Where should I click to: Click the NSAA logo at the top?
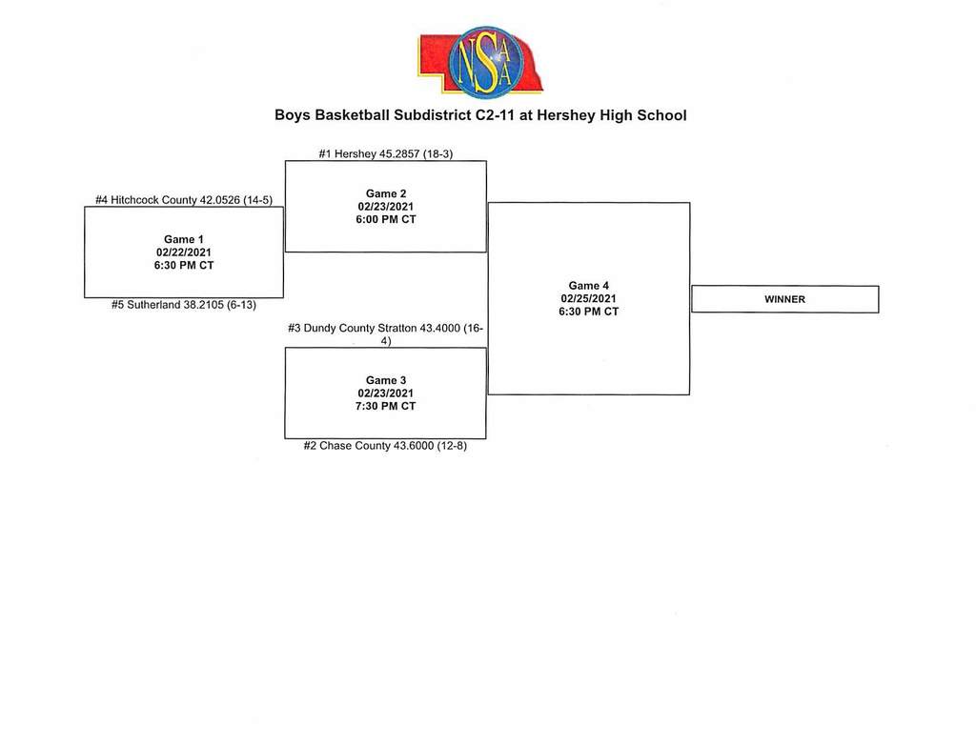coord(480,62)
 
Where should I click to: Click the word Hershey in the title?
coord(565,115)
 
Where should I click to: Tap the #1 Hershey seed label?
coord(385,153)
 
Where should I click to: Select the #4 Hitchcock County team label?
coord(184,200)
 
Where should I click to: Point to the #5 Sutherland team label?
coord(184,305)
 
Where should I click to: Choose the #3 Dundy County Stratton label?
coord(385,334)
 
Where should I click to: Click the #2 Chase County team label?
coord(385,446)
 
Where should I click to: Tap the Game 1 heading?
coord(184,239)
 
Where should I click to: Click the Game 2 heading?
coord(386,193)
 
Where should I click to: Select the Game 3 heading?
coord(386,380)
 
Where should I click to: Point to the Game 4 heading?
coord(588,286)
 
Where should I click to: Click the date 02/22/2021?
coord(184,252)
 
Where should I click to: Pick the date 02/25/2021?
coord(588,298)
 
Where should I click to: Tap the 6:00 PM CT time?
coord(386,220)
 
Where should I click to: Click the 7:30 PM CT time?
coord(386,406)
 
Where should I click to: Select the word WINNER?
coord(785,299)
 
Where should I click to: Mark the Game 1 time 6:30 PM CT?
coord(184,266)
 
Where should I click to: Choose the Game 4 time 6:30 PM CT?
coord(588,312)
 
